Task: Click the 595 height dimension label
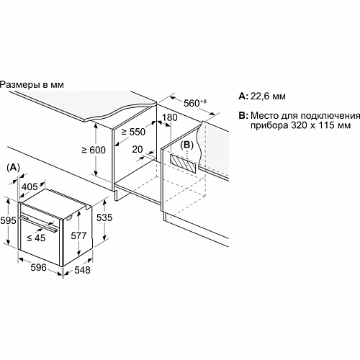click(8, 220)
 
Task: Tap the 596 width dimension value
click(38, 267)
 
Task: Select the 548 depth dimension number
click(82, 270)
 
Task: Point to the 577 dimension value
click(78, 235)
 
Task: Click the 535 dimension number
click(104, 217)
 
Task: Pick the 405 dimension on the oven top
click(30, 186)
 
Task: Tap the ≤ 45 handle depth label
click(36, 238)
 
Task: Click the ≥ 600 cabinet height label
click(94, 150)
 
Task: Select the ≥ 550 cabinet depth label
click(133, 132)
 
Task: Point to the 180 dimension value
click(170, 117)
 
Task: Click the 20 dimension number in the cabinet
click(138, 149)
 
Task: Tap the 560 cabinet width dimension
click(195, 103)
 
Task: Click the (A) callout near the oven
click(13, 168)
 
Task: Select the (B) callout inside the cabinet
click(186, 145)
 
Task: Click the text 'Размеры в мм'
click(32, 85)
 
